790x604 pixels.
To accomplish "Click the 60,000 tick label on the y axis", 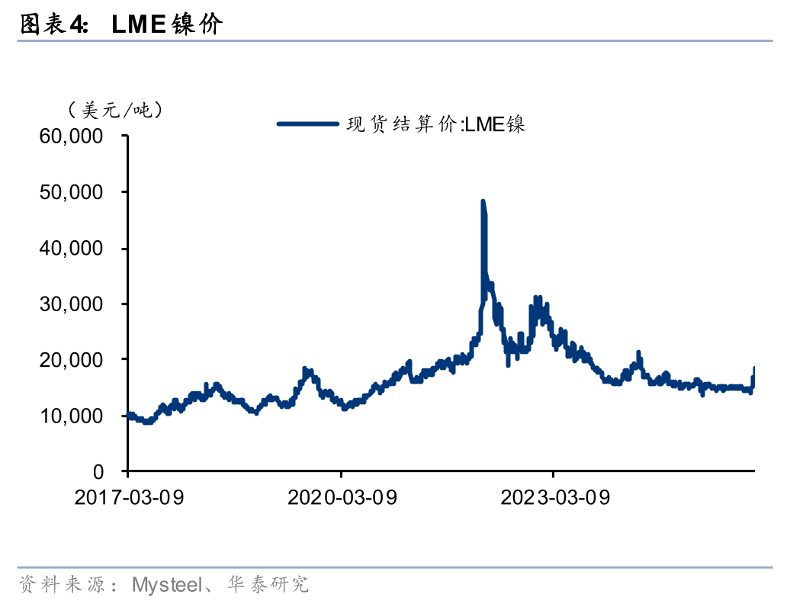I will (x=71, y=137).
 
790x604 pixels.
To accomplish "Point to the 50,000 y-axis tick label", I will (x=71, y=193).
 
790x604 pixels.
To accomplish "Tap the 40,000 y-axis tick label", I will (x=71, y=249).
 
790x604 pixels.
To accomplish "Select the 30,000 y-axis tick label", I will (x=71, y=304).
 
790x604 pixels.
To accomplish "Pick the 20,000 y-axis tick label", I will (x=71, y=360).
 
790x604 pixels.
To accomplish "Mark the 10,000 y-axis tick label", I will (x=71, y=416).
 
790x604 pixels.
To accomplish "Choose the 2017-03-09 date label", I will (x=129, y=498).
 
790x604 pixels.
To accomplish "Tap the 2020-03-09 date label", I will (x=342, y=498).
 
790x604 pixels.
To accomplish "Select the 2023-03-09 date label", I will (x=554, y=498).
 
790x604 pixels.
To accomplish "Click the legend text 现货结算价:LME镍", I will (x=436, y=124).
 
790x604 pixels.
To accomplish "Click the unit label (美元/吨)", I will (x=115, y=110).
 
